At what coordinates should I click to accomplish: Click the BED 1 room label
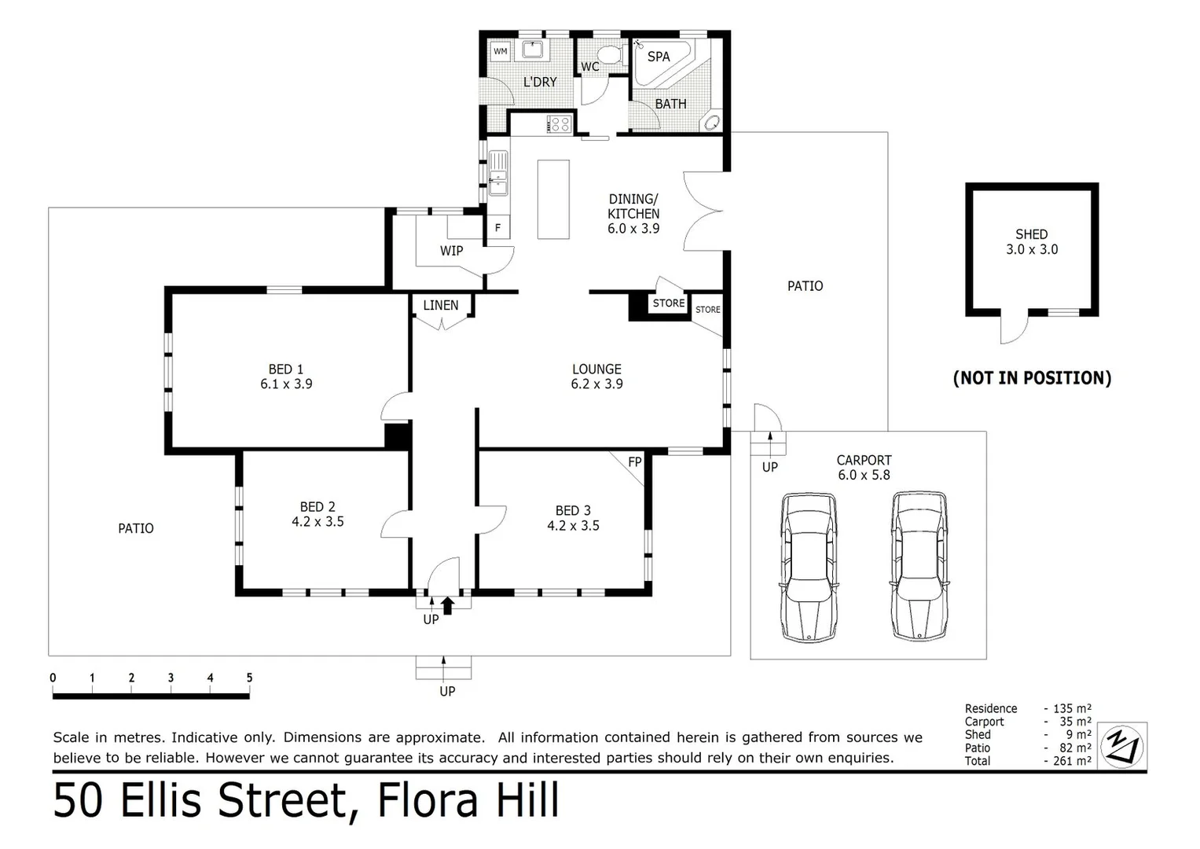coord(286,377)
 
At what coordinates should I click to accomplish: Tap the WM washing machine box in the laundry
coord(501,52)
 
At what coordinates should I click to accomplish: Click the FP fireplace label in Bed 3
coord(635,462)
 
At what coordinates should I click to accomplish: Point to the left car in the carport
coord(809,566)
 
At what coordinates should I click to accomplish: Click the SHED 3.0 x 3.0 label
coord(1031,242)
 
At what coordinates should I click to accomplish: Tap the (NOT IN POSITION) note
coord(1032,378)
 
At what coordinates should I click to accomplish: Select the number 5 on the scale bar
coord(249,678)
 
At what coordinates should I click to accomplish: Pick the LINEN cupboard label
coord(440,305)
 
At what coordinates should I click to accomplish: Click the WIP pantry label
coord(451,251)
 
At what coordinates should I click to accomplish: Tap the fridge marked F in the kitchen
coord(497,228)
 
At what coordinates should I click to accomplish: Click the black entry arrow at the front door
coord(448,605)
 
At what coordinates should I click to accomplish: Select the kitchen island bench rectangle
coord(553,199)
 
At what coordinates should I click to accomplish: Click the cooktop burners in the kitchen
coord(559,123)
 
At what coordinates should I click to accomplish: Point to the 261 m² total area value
coord(1072,761)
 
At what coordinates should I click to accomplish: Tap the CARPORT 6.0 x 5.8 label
coord(864,467)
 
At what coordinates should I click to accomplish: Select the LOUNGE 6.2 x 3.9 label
coord(596,377)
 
